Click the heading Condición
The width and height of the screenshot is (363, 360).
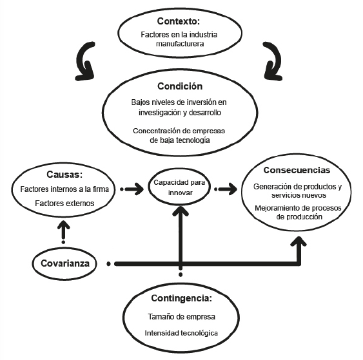[x=181, y=86]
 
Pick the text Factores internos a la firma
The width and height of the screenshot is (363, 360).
[x=63, y=189]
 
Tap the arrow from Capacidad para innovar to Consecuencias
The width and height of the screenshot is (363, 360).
[x=225, y=189]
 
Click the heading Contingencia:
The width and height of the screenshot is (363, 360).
[x=181, y=299]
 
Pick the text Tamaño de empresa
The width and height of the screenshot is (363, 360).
[x=181, y=317]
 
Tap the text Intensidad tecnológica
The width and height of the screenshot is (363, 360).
[x=181, y=332]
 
